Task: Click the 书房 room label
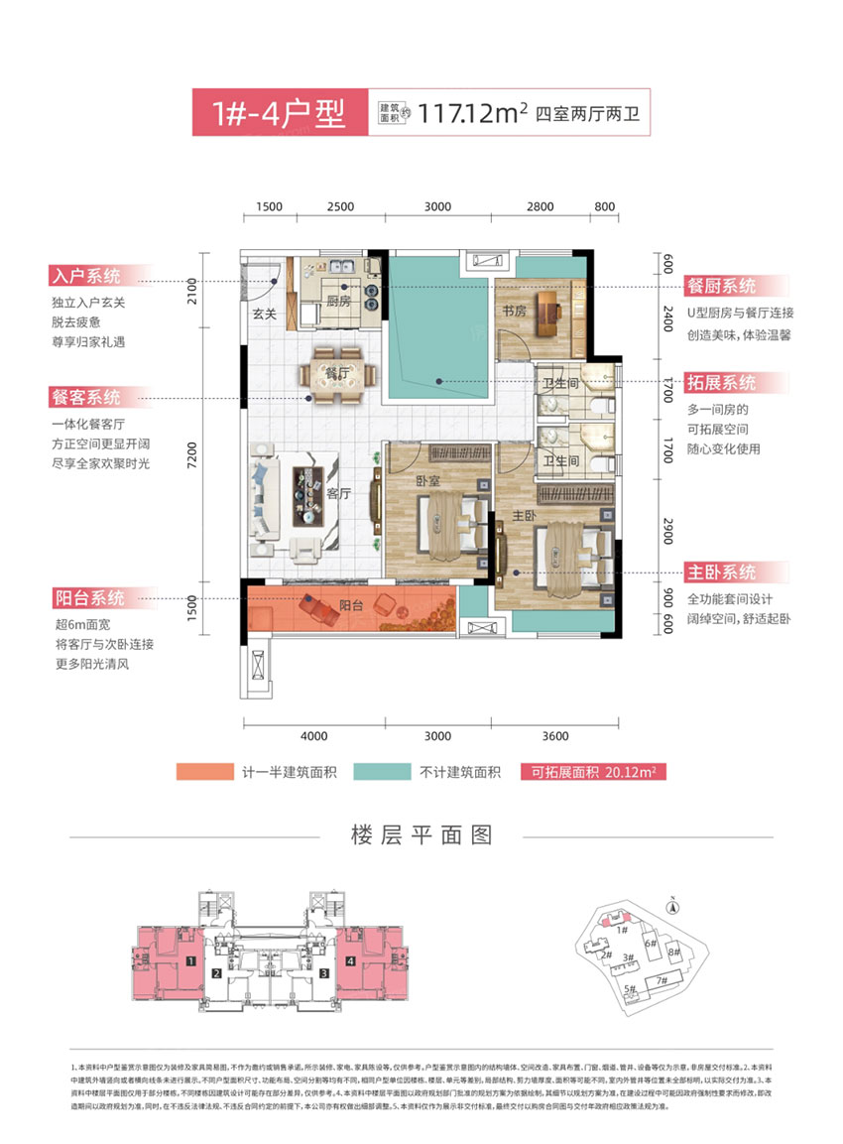pyautogui.click(x=513, y=311)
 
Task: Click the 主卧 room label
pyautogui.click(x=524, y=516)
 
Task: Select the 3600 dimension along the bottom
pyautogui.click(x=555, y=735)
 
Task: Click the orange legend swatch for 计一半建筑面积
pyautogui.click(x=203, y=772)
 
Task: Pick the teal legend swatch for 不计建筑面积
pyautogui.click(x=404, y=772)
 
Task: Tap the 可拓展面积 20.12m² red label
pyautogui.click(x=592, y=772)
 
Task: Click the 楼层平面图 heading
pyautogui.click(x=421, y=834)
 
